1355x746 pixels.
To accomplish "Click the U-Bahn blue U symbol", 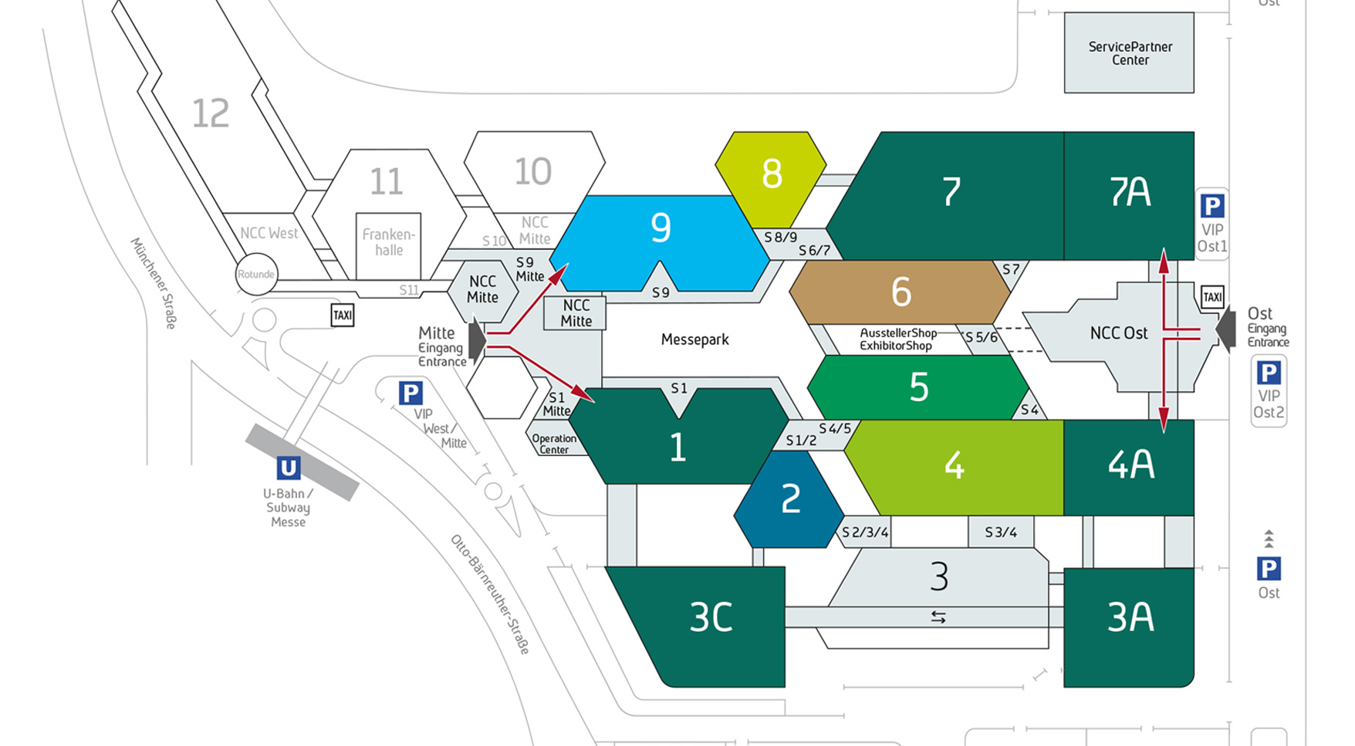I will click(288, 468).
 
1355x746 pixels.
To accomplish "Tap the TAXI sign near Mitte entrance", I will click(342, 316).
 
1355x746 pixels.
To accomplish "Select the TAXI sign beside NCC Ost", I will click(1212, 297).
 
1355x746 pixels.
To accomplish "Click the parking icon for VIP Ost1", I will click(1211, 207).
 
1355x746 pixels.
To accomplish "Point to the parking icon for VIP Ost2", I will click(1269, 373).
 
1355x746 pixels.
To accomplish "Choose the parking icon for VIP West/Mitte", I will click(411, 393).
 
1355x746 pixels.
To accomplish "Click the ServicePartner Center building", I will click(1129, 53).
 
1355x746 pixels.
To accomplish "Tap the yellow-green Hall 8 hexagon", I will click(771, 174).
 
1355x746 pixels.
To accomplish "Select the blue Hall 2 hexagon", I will click(789, 499).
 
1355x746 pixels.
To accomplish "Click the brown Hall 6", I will click(900, 292).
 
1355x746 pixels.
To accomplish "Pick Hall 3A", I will click(1129, 618).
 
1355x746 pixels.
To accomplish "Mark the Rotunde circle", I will click(256, 274).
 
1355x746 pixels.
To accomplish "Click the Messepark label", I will click(694, 339).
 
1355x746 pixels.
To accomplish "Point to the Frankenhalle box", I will click(389, 243).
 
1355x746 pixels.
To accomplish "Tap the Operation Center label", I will click(553, 444).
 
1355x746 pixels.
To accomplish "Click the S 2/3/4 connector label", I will click(865, 532).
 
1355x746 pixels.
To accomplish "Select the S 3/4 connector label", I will click(1001, 532).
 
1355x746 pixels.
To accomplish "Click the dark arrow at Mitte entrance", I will click(477, 339).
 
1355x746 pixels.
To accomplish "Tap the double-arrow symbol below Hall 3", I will click(938, 617).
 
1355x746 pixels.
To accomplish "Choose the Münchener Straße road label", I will click(154, 283).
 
